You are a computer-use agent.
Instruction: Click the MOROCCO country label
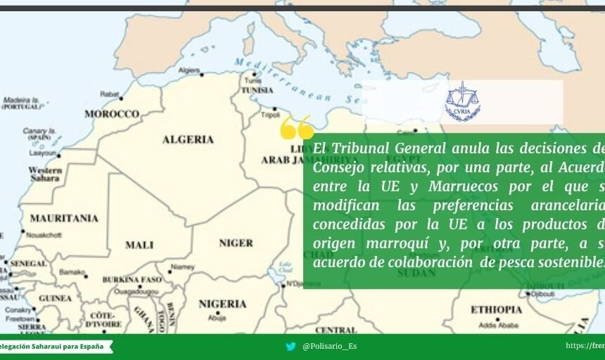click(x=112, y=114)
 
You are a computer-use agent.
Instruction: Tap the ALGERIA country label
click(x=188, y=139)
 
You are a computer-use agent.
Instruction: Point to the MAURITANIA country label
click(x=64, y=218)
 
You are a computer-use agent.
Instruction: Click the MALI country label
click(x=139, y=245)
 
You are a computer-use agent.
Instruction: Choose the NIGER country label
click(x=236, y=243)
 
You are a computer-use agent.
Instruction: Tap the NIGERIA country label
click(x=222, y=304)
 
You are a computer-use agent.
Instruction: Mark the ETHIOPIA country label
click(x=496, y=309)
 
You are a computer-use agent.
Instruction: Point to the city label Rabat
click(x=110, y=94)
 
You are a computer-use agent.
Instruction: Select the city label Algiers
click(x=189, y=71)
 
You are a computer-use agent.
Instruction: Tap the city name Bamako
click(x=72, y=272)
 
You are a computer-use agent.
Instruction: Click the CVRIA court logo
click(x=462, y=102)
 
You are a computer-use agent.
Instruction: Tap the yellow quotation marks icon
click(x=296, y=128)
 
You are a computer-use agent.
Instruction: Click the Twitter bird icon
click(x=291, y=347)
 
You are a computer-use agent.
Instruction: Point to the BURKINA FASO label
click(x=132, y=280)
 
